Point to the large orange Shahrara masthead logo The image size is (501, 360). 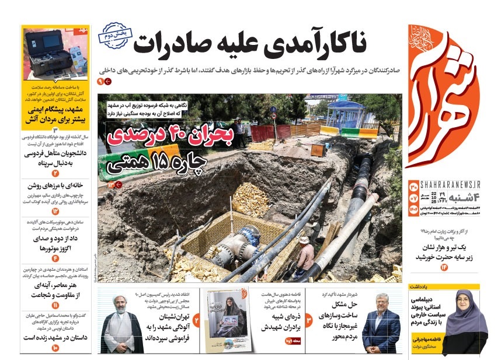443,99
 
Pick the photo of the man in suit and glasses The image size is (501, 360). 381,323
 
